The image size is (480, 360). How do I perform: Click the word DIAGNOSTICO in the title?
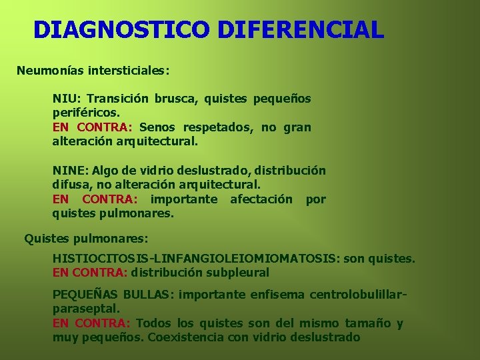(121, 30)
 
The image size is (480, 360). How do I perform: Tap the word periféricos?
(85, 113)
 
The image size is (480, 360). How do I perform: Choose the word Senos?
(158, 127)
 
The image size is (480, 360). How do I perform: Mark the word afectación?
(261, 199)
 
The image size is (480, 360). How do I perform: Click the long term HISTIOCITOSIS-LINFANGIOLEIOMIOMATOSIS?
(196, 258)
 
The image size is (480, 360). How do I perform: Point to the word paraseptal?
(85, 309)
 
